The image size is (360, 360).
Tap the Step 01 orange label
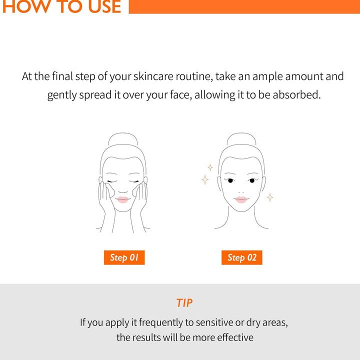(124, 257)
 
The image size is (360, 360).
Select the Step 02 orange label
(242, 257)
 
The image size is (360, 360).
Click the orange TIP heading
(184, 303)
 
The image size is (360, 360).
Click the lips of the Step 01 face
(123, 199)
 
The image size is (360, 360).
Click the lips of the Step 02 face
(241, 199)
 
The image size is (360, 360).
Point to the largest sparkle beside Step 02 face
(205, 179)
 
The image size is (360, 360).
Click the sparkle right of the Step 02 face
(270, 197)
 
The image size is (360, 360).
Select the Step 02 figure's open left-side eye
(230, 180)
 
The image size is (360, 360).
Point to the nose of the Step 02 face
(241, 190)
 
